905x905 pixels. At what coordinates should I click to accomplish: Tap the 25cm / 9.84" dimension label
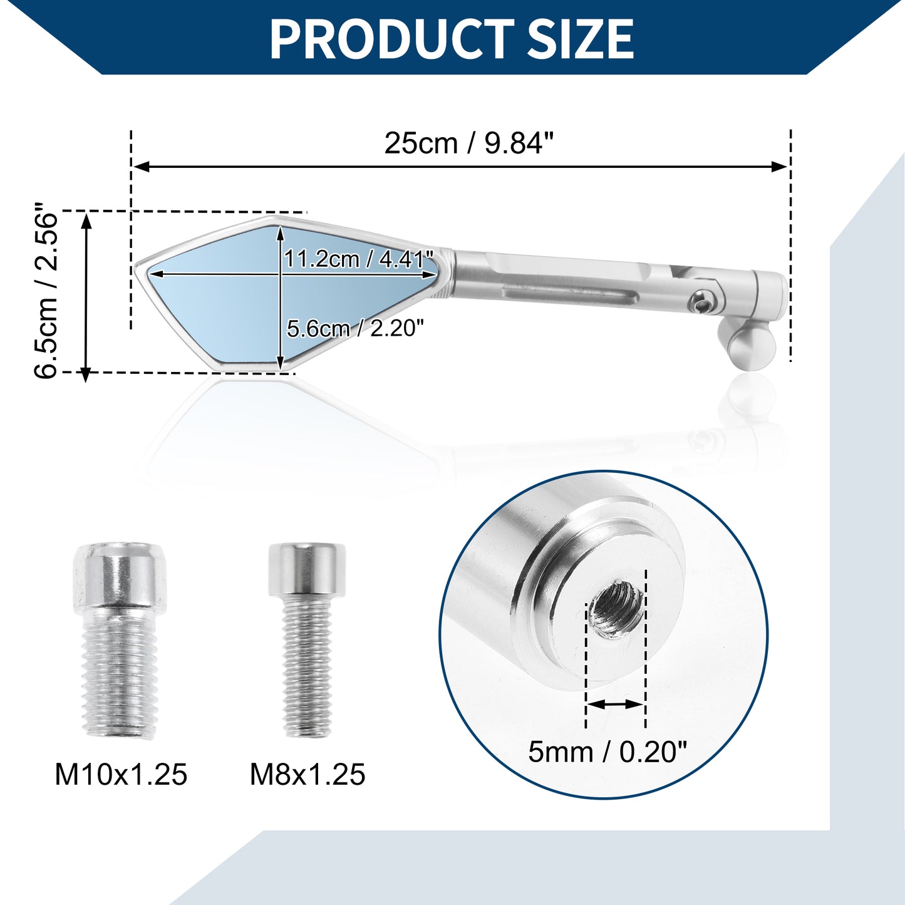tap(469, 143)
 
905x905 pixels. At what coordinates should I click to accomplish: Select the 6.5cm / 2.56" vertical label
tap(46, 290)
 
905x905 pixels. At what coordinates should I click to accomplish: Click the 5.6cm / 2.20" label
tap(356, 328)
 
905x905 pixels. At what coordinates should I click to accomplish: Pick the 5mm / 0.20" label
tap(608, 752)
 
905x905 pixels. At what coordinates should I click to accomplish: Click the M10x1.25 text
tap(121, 774)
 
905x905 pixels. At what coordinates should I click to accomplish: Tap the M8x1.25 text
tap(308, 774)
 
